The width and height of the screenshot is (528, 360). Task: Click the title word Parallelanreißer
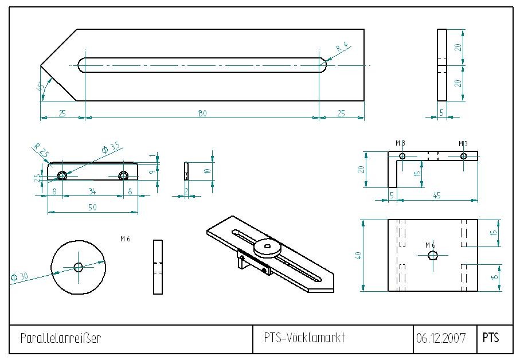(60, 338)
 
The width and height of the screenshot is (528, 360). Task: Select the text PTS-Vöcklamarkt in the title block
(304, 338)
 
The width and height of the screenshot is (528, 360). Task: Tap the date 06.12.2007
(441, 338)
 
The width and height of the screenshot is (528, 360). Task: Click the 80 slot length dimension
(202, 114)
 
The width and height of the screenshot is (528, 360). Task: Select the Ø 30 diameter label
(19, 276)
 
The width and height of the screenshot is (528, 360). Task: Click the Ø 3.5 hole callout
(111, 148)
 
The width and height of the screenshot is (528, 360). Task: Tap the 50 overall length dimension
(92, 208)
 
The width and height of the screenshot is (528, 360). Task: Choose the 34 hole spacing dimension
(92, 192)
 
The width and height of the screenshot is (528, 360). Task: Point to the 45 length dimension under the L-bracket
(437, 195)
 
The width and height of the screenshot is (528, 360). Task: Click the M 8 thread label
(400, 143)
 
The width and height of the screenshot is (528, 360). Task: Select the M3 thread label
(463, 143)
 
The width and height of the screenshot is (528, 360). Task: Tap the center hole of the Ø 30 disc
(79, 266)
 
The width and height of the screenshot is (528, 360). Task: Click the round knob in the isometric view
(268, 246)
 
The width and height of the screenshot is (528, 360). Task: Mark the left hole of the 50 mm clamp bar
(61, 175)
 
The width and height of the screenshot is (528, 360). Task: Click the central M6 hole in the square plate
(431, 255)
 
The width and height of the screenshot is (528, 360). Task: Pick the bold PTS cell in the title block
(491, 338)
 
